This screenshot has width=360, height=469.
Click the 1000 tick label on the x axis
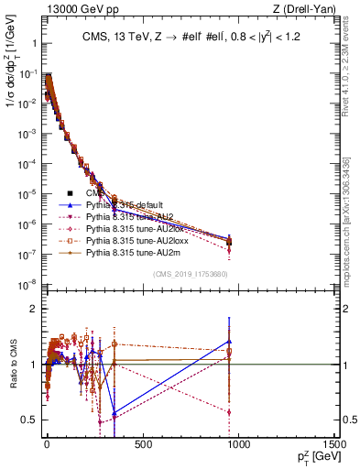[x=238, y=445]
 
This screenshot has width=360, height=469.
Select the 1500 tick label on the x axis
[x=333, y=445]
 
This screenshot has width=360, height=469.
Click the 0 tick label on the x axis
[x=46, y=445]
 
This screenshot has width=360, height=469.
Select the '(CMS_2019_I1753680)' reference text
[x=189, y=273]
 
